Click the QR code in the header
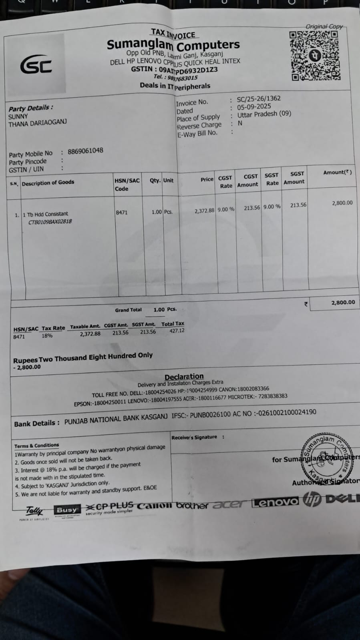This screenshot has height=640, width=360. tap(315, 56)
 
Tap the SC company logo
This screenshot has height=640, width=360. tap(36, 65)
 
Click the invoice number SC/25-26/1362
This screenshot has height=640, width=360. tap(259, 98)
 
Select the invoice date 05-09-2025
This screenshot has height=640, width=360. tap(254, 107)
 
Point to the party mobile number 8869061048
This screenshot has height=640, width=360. tap(85, 151)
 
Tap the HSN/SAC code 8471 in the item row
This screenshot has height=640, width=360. tap(122, 213)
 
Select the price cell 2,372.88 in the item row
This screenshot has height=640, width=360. tap(204, 211)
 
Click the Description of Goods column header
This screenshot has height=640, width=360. tap(48, 183)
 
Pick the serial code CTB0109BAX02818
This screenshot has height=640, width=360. tap(50, 221)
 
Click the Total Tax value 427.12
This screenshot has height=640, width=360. tap(177, 331)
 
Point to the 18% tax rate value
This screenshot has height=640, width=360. tap(47, 336)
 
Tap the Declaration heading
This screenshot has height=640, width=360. tap(184, 377)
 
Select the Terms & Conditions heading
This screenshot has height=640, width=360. tap(36, 445)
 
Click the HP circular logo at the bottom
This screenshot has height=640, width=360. tap(312, 500)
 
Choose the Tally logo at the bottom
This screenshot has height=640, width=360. tap(34, 511)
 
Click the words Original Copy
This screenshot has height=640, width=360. tap(324, 26)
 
